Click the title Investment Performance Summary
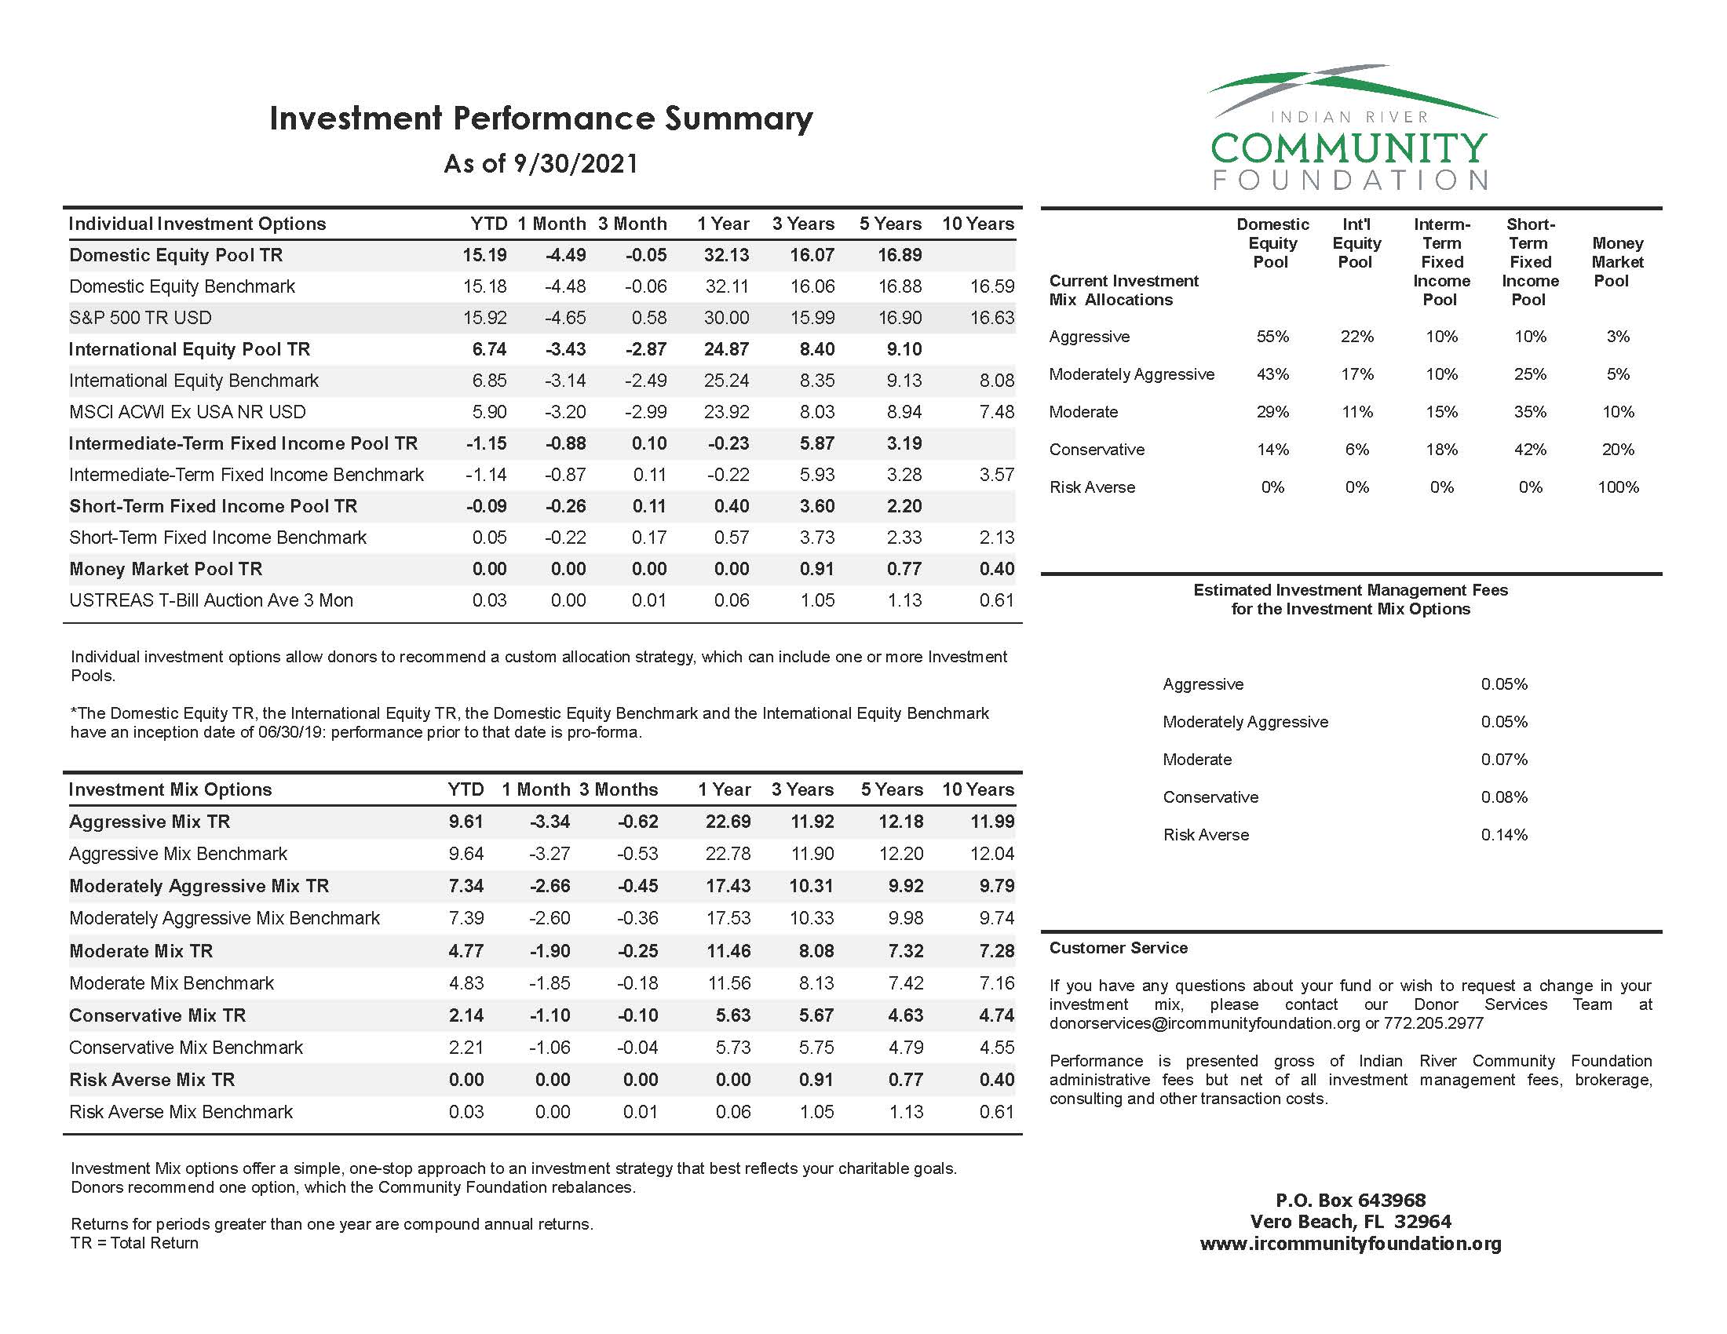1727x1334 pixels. point(541,118)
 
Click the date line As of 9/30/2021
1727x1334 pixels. point(541,163)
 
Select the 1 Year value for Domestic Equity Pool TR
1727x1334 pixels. point(726,255)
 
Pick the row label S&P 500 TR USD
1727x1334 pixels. point(140,318)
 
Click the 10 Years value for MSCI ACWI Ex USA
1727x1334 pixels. point(995,412)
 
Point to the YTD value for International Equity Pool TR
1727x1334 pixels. point(489,349)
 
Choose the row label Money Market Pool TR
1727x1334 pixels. point(166,569)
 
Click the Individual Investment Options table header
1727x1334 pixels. point(197,224)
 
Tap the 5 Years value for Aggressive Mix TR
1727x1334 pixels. point(900,822)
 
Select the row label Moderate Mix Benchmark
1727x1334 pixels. point(171,983)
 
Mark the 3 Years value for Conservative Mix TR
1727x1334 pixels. point(816,1015)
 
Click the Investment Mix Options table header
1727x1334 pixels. point(170,789)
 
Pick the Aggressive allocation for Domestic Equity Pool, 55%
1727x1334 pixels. point(1272,337)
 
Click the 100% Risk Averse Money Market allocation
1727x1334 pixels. point(1618,487)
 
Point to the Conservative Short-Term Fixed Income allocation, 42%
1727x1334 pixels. point(1530,450)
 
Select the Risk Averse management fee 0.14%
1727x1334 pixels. point(1504,836)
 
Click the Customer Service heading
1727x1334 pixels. point(1118,949)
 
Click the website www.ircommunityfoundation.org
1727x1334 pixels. point(1351,1244)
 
